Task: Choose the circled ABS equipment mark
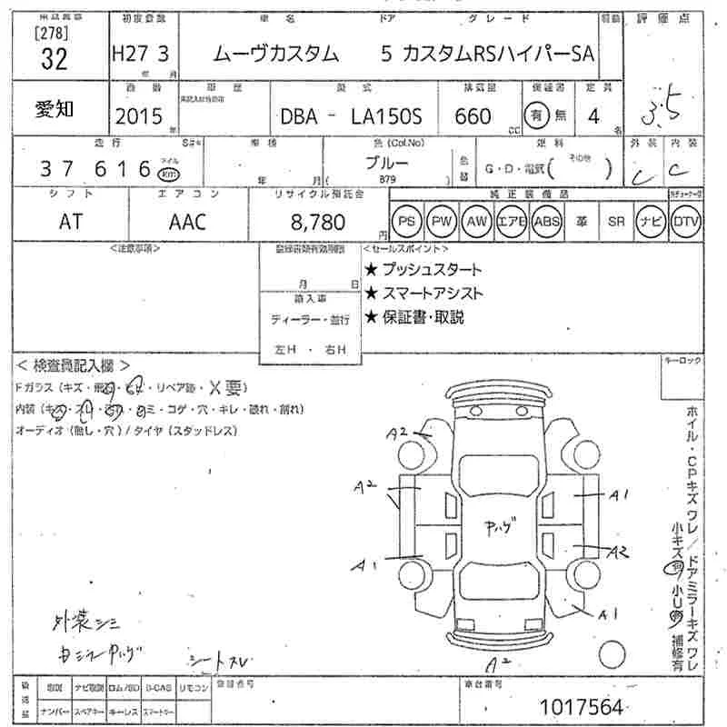[546, 221]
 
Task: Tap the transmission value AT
[69, 221]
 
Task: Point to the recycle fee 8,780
[313, 222]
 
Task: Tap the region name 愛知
[55, 109]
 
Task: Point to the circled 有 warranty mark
[538, 115]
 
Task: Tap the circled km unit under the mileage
[167, 174]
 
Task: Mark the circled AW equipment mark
[475, 221]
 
